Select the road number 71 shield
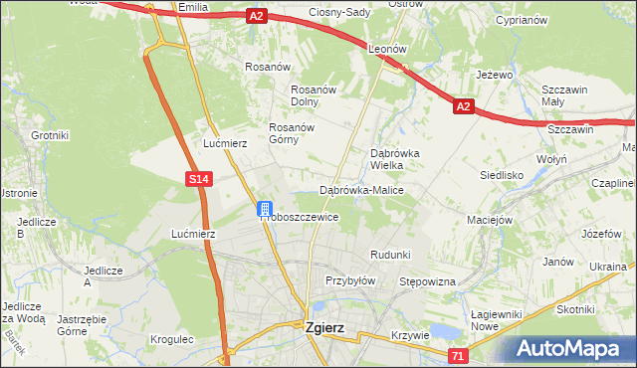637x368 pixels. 457,356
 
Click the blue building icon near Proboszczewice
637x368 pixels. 265,209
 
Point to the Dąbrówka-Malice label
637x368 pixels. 359,189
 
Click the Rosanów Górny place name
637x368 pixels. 292,133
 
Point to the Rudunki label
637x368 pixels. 390,255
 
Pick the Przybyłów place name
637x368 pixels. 349,280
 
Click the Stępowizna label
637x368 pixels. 427,281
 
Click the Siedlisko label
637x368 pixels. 502,174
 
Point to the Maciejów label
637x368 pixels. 490,219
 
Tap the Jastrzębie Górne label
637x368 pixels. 83,325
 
